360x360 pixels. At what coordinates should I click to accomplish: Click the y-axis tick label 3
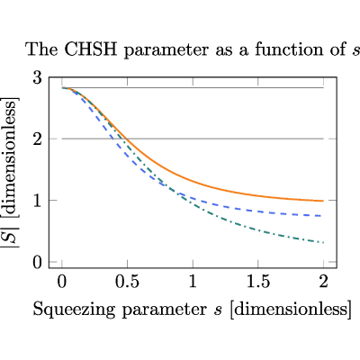38,78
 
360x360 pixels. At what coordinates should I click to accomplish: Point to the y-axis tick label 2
38,139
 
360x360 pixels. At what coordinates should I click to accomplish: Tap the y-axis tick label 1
38,201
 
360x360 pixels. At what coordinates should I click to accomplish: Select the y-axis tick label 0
38,263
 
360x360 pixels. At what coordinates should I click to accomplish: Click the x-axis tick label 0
62,282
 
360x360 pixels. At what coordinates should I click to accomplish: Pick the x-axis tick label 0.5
128,282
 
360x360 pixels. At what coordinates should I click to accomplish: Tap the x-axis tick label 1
193,282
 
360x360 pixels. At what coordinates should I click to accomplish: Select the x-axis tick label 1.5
258,282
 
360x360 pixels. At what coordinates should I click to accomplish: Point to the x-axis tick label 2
323,282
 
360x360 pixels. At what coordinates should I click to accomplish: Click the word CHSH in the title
90,49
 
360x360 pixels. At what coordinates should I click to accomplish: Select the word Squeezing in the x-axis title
74,310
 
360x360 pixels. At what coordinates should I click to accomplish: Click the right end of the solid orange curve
323,201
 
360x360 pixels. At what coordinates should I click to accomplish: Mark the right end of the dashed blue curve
321,216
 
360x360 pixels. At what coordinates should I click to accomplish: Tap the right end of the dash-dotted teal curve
323,242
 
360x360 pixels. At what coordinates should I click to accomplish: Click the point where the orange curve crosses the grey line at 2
127,139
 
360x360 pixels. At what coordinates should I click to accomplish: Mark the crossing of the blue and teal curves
170,188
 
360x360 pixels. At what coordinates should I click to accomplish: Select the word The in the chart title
42,49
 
